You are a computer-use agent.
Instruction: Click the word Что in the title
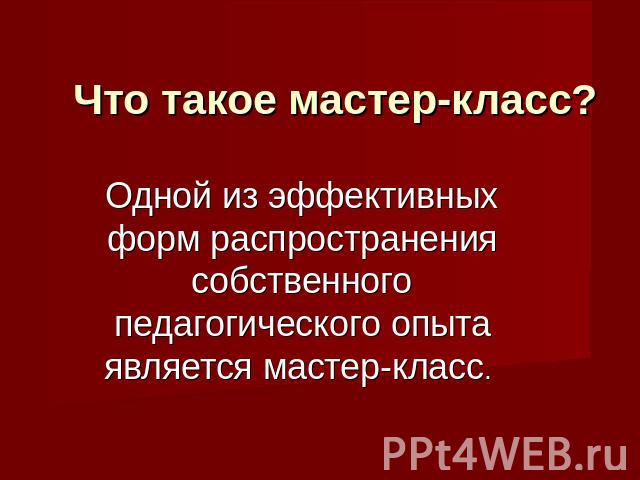(110, 100)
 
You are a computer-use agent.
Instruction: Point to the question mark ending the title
(580, 100)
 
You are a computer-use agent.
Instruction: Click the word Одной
(159, 197)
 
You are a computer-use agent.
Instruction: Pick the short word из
(241, 199)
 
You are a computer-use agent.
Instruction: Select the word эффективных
(383, 197)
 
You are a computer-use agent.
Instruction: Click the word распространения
(354, 242)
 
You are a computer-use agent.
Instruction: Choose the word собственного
(301, 282)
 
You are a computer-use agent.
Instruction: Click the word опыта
(440, 326)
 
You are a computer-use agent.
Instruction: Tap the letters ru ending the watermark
(606, 457)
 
